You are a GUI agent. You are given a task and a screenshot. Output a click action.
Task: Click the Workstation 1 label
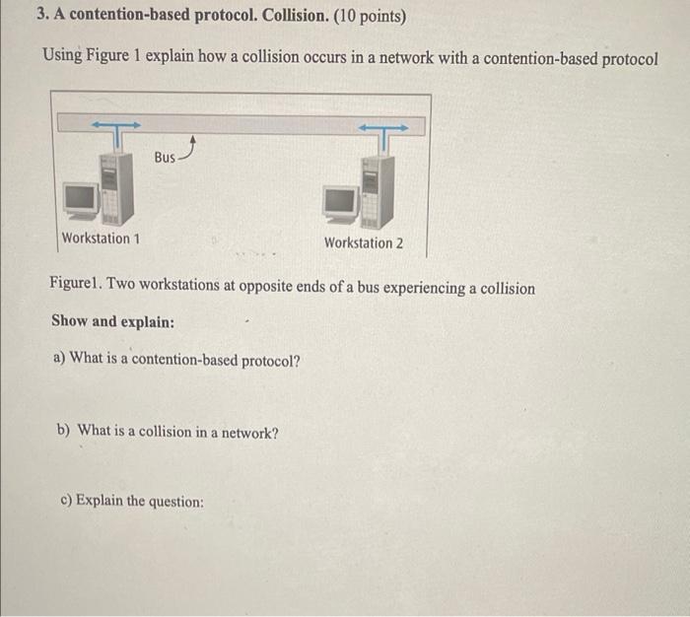(x=101, y=239)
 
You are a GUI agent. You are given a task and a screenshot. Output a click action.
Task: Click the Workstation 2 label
(x=363, y=243)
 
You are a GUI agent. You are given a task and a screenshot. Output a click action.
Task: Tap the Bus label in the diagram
(x=165, y=158)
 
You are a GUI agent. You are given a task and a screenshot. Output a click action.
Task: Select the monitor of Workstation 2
(x=341, y=201)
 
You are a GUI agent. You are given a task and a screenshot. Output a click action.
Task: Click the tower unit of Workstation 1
(x=113, y=187)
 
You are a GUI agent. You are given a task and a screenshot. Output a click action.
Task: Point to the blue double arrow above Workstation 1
(x=115, y=125)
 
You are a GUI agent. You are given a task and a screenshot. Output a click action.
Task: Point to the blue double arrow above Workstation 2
(x=382, y=127)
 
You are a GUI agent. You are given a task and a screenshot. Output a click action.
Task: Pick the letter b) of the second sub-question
(x=64, y=431)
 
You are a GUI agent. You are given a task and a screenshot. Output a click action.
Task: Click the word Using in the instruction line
(x=62, y=56)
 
